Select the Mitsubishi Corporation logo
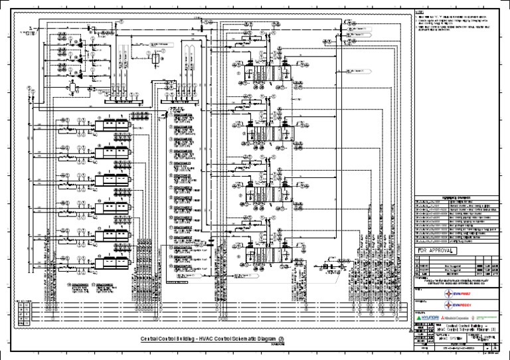[456, 319]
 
